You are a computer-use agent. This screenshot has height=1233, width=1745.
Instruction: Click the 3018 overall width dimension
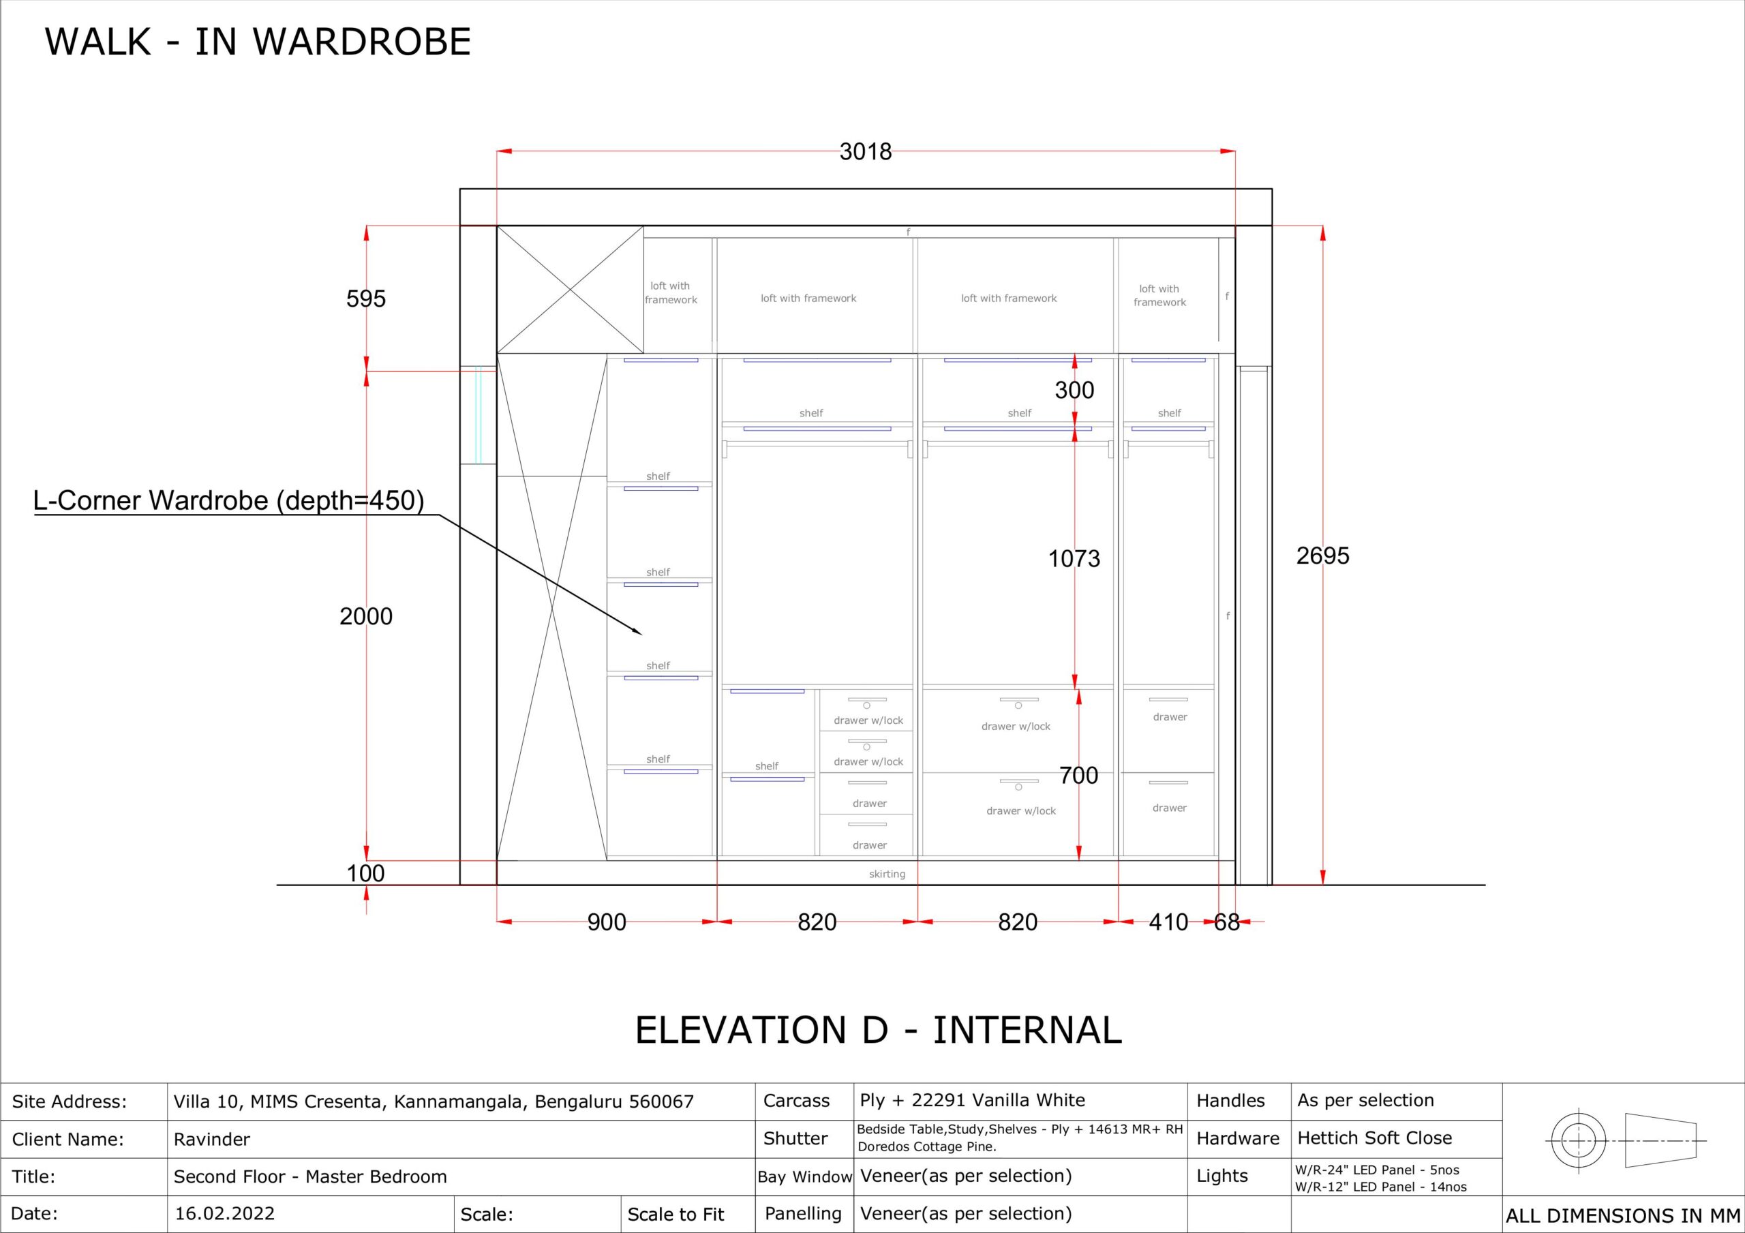click(866, 152)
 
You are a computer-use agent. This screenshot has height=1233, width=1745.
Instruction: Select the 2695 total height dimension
click(1322, 555)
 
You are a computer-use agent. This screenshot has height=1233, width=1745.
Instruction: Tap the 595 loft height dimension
click(365, 299)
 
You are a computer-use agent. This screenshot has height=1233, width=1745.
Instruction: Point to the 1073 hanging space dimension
click(1074, 559)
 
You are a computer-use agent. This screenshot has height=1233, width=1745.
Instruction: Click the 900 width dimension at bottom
click(607, 922)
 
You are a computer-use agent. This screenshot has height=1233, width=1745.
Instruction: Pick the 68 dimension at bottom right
click(1227, 922)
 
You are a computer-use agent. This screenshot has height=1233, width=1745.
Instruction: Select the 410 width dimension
click(1168, 922)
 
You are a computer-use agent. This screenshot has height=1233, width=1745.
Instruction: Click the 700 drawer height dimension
click(1078, 776)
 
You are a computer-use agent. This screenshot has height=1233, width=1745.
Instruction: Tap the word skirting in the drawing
click(887, 874)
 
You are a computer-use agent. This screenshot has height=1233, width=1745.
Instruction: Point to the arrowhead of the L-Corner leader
click(641, 633)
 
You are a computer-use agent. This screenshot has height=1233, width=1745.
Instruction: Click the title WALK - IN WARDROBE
click(258, 42)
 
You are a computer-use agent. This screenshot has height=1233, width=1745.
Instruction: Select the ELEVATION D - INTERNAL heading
click(878, 1030)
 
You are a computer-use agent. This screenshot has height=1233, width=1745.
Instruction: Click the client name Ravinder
click(211, 1140)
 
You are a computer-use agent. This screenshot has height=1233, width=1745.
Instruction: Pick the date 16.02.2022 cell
click(224, 1213)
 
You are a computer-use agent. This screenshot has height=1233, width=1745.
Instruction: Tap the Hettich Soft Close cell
click(1374, 1138)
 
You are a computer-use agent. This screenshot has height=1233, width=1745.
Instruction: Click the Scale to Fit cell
click(676, 1215)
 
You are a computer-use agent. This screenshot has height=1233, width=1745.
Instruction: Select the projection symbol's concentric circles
click(1579, 1141)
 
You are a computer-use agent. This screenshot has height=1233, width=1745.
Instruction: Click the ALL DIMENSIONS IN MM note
click(1622, 1216)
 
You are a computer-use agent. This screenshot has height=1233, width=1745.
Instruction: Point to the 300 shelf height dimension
click(1074, 390)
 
